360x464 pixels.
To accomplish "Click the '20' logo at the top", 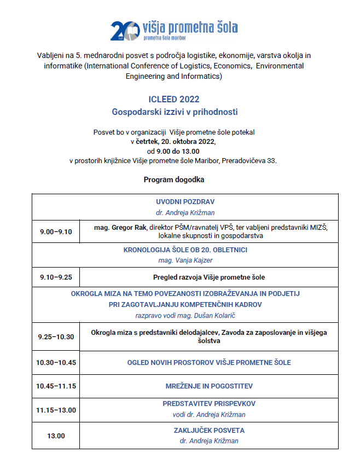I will pos(121,31).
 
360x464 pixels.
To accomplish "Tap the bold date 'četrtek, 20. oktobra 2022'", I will pos(173,141).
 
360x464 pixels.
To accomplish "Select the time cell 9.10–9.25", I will pos(55,277).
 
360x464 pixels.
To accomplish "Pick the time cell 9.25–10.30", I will pos(56,337).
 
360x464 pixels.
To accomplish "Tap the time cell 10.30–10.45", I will pos(56,362).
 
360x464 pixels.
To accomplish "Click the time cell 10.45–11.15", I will pos(56,386).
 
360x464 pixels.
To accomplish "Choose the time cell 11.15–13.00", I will pos(56,410).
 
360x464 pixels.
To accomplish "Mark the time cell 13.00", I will pos(56,436).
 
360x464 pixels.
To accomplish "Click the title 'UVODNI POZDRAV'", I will pos(181,201).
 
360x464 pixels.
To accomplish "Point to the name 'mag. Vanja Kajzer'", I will pos(181,260).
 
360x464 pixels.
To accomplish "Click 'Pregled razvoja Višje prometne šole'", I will pos(209,277).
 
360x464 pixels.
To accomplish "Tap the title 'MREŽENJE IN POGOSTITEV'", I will pos(209,386).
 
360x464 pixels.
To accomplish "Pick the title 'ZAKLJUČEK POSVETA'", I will pos(209,430).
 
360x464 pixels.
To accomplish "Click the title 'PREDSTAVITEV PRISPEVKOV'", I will pos(209,404).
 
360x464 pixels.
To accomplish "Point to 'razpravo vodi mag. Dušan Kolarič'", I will pos(181,315).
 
